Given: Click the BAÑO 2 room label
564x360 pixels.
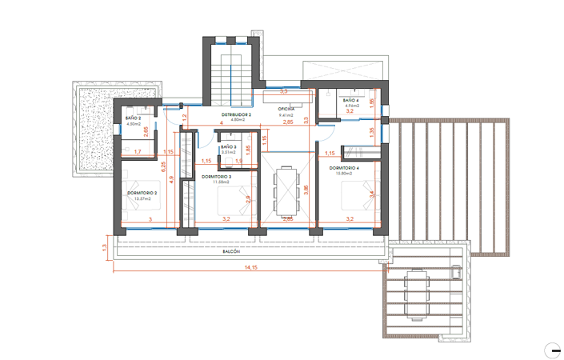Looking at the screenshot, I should (134, 118).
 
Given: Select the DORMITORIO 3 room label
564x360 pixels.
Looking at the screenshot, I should (216, 176).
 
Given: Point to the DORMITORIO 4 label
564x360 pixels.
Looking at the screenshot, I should (344, 168).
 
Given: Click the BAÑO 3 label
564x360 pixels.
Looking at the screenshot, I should (229, 146).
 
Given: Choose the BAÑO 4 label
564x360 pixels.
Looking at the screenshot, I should (350, 100).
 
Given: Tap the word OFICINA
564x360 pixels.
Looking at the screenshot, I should (287, 108).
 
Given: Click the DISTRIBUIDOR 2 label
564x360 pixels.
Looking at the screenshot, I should (236, 114).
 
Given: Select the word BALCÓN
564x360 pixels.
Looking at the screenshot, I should (231, 251).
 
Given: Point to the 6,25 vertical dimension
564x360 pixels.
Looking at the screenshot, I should (162, 167).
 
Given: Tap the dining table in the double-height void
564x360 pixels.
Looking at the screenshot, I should (286, 192).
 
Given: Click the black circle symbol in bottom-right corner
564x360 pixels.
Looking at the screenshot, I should (555, 350).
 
